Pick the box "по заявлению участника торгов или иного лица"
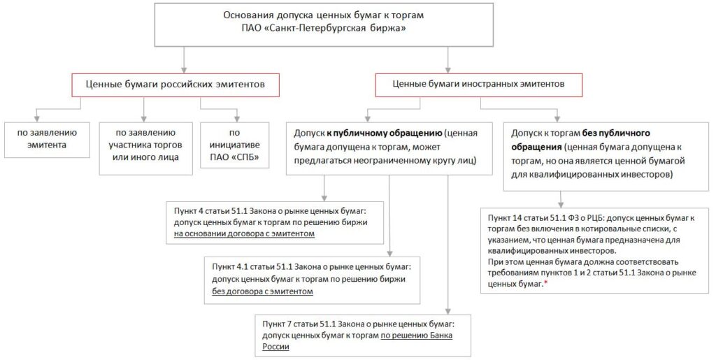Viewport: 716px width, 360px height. click(x=143, y=143)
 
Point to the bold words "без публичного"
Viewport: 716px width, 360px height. click(x=617, y=132)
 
